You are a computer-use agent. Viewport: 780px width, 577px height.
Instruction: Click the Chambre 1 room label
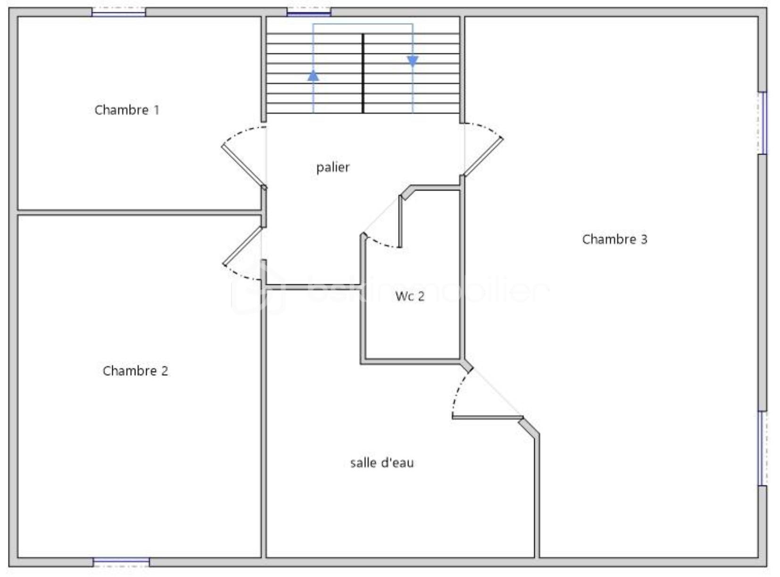127,110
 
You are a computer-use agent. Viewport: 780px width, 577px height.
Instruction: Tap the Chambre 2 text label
135,371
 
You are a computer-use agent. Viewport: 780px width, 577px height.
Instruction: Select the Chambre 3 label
614,239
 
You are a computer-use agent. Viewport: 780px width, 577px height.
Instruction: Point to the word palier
333,167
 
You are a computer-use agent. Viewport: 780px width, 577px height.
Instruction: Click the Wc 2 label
410,296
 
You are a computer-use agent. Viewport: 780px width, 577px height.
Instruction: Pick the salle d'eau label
382,463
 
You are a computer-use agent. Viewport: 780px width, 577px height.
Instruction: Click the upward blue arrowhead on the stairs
313,75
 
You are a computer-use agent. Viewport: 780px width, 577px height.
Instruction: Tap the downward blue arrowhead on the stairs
413,61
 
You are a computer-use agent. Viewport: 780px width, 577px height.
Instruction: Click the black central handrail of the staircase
363,73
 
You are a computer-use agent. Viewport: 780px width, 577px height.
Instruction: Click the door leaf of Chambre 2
242,246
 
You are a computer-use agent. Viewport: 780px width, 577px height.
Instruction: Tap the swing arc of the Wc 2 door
381,243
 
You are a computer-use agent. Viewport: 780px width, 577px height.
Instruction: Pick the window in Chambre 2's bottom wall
121,562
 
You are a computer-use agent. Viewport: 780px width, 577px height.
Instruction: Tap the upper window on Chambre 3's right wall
762,123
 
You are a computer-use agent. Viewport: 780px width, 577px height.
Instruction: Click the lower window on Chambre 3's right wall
762,448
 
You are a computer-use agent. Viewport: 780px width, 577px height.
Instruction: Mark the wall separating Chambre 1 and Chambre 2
139,213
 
